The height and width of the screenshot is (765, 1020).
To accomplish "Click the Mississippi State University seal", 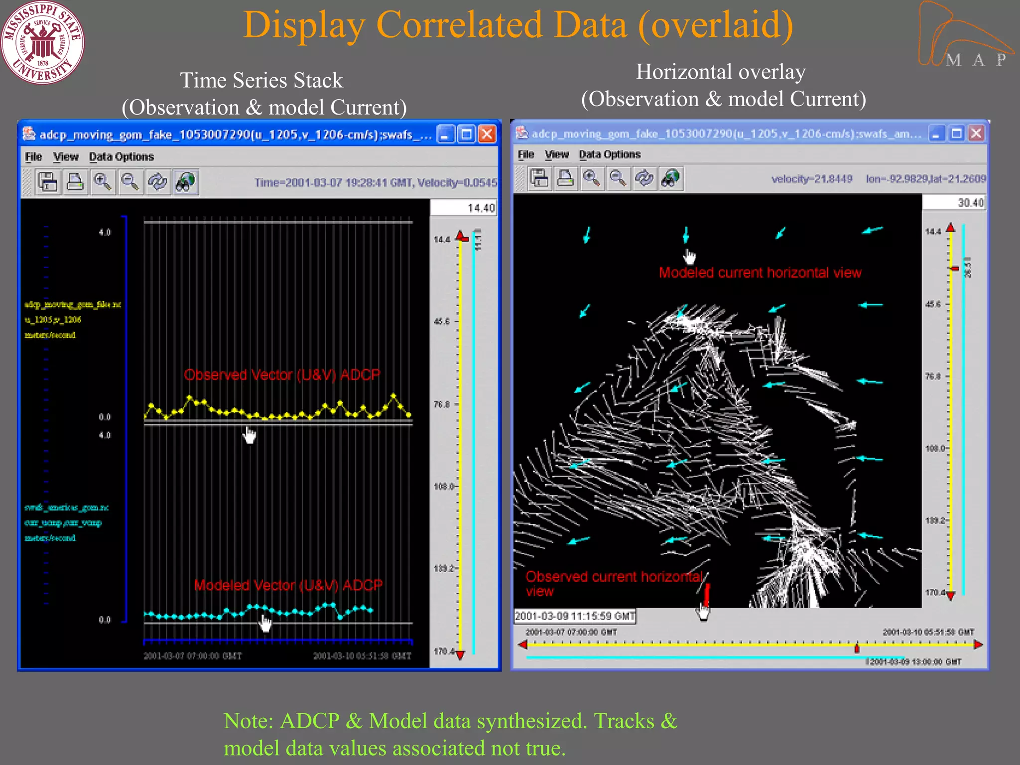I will tap(42, 42).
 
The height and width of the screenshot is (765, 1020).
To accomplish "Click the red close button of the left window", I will tap(487, 134).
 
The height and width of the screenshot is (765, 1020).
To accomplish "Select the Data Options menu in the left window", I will tap(121, 157).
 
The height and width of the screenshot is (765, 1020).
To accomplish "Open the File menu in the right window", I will tap(525, 155).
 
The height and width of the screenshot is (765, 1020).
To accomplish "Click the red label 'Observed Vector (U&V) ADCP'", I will tap(282, 375).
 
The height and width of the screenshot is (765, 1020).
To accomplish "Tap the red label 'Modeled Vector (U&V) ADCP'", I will tap(288, 585).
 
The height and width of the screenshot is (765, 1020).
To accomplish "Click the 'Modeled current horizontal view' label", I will tap(760, 272).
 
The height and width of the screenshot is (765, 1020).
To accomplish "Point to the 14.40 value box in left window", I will tap(464, 208).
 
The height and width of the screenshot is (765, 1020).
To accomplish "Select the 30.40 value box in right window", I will tap(954, 202).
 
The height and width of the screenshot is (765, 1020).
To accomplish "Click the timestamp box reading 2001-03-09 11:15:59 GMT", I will tap(575, 616).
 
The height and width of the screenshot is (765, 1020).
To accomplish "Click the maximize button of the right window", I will tap(956, 133).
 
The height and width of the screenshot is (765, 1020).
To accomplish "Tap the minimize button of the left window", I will tap(445, 134).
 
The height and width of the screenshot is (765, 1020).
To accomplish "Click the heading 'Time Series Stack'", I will tap(261, 80).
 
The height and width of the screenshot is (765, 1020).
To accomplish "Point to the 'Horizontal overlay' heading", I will tap(721, 72).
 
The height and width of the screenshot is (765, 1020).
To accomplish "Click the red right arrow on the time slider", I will tap(978, 644).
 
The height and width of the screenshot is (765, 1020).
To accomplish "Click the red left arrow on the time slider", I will tap(522, 644).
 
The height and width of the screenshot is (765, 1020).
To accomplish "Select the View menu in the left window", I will tap(66, 157).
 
